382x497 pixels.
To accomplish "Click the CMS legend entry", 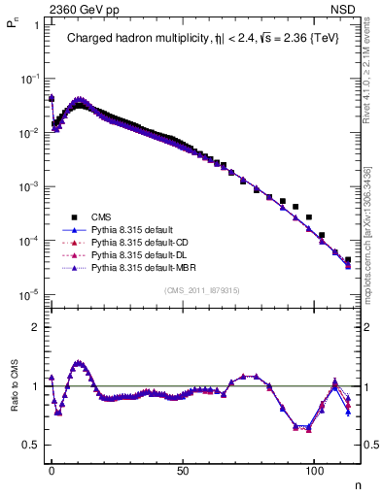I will pos(101,217).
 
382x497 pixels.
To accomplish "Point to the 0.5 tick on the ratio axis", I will pos(31,446).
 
